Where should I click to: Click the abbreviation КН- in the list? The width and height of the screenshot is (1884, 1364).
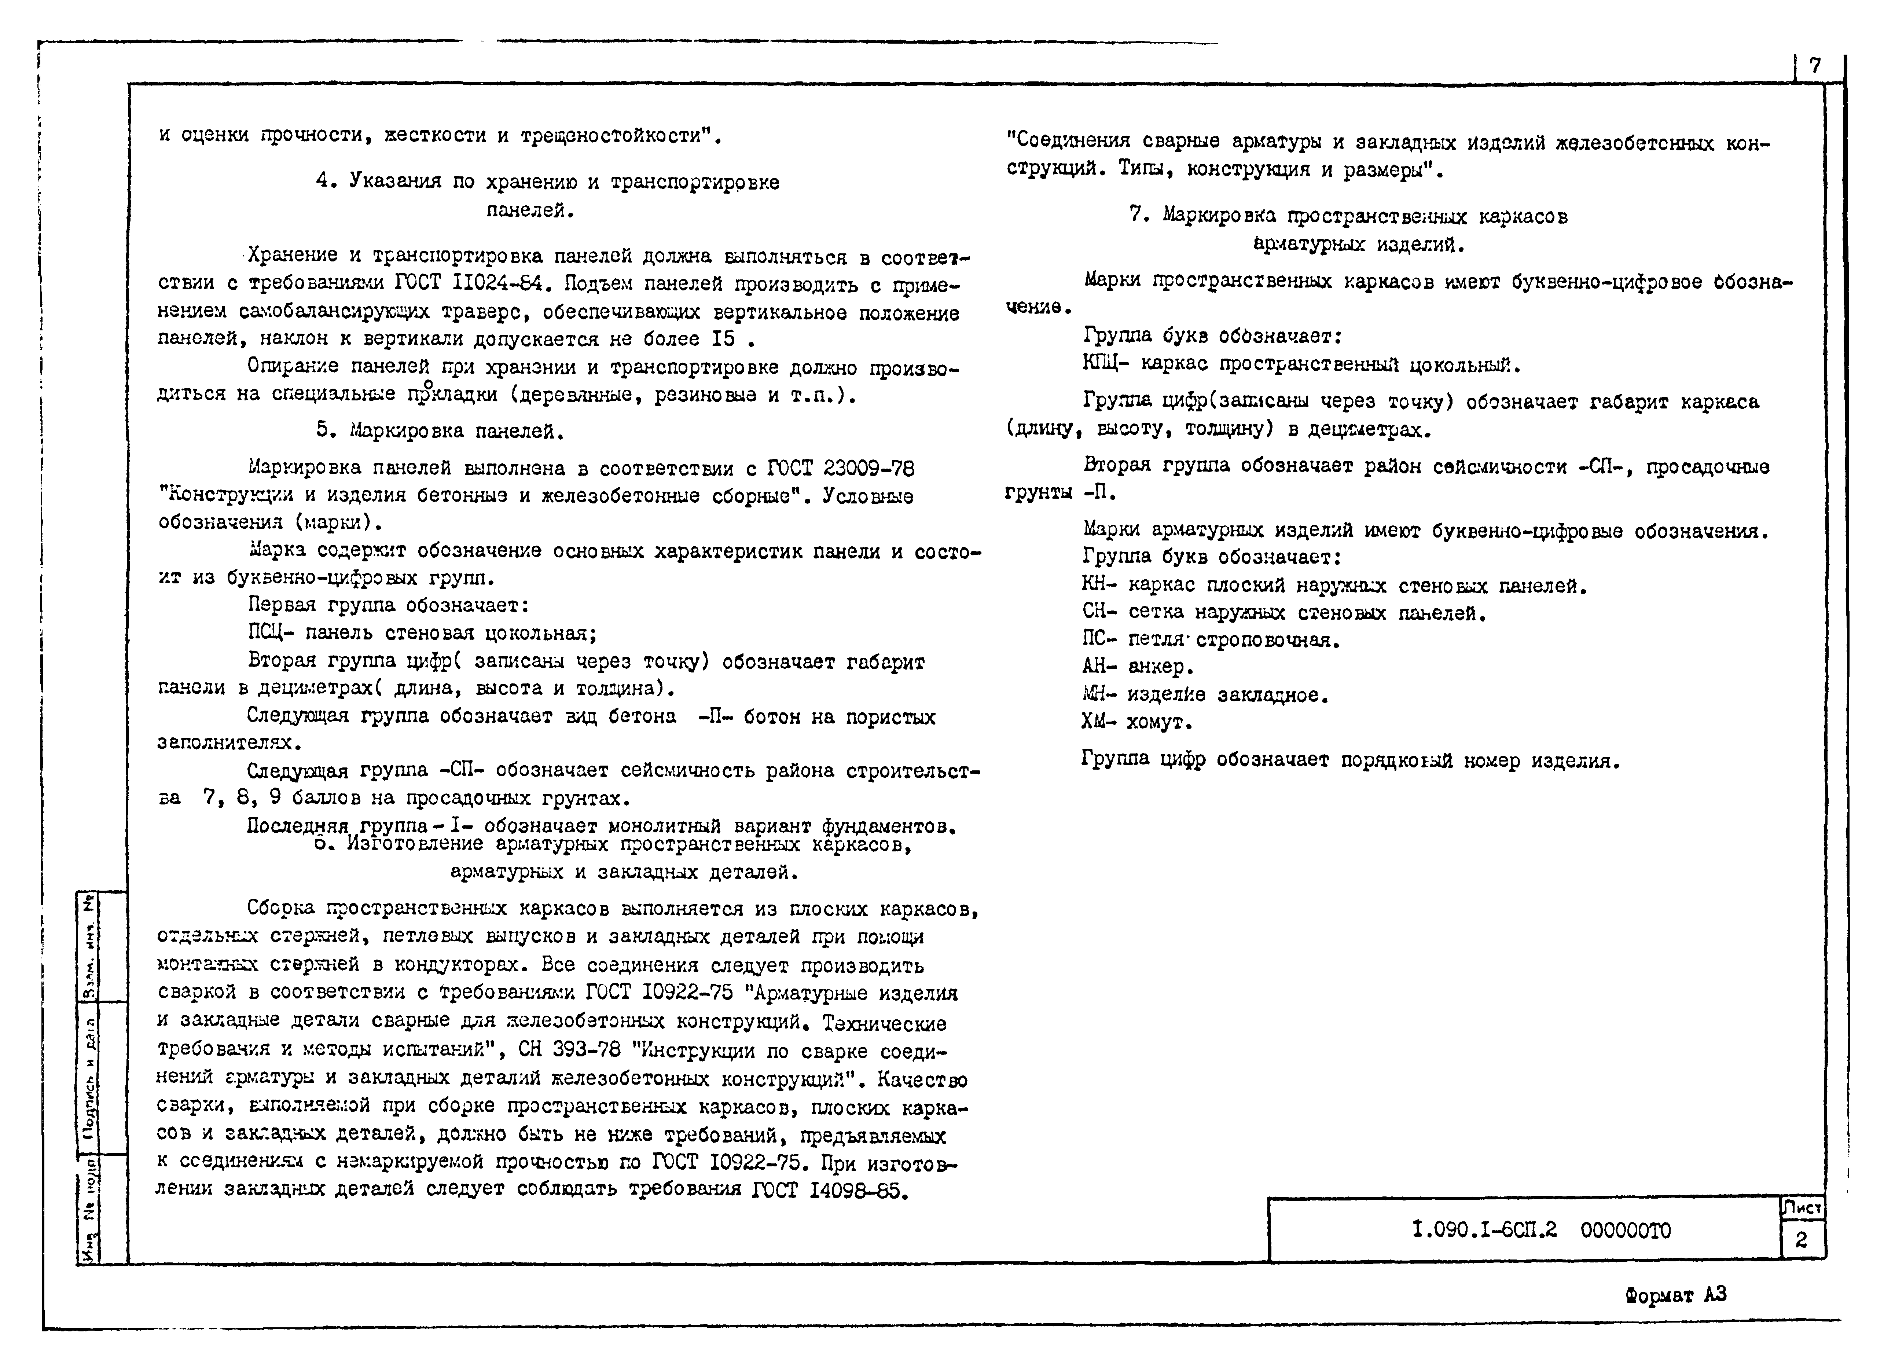1099,586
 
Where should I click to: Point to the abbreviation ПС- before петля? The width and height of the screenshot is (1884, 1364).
1099,639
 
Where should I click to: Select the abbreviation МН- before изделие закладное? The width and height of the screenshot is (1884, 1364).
1099,694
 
